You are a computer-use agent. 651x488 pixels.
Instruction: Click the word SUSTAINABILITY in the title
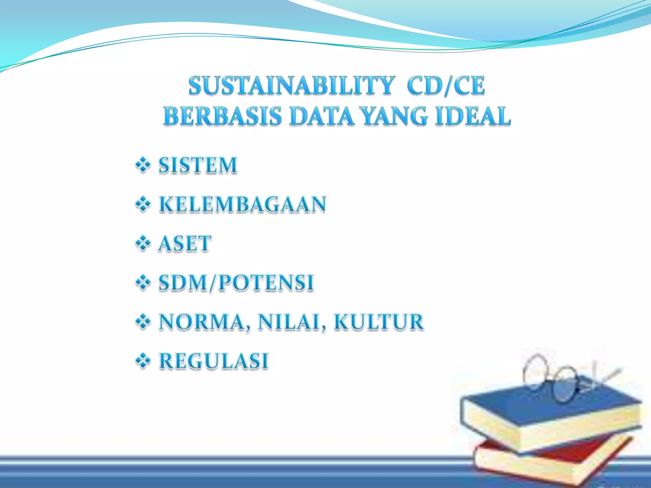pyautogui.click(x=291, y=86)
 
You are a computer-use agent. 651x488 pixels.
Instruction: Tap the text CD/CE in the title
pyautogui.click(x=446, y=86)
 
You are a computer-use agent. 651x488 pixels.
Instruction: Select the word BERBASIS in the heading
pyautogui.click(x=223, y=116)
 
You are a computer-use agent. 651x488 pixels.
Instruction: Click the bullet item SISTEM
pyautogui.click(x=198, y=166)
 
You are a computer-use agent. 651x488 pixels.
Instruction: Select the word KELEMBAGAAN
pyautogui.click(x=243, y=204)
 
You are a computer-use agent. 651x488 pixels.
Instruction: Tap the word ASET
pyautogui.click(x=185, y=244)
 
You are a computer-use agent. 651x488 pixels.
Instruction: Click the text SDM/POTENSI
pyautogui.click(x=236, y=282)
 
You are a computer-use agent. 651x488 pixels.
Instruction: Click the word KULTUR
pyautogui.click(x=379, y=322)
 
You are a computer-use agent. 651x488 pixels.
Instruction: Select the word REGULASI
pyautogui.click(x=214, y=361)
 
